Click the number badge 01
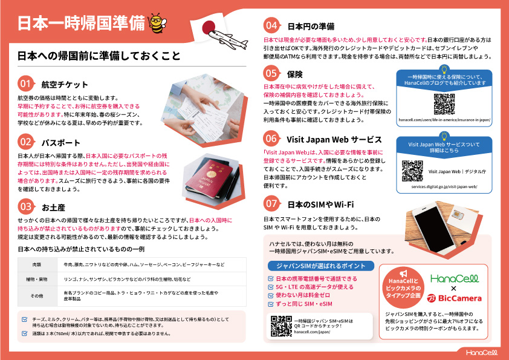point(26,84)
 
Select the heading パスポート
point(60,143)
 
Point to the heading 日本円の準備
point(311,26)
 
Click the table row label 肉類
point(37,264)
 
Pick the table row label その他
point(37,295)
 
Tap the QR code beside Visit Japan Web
point(412,171)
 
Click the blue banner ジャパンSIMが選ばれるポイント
point(320,266)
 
